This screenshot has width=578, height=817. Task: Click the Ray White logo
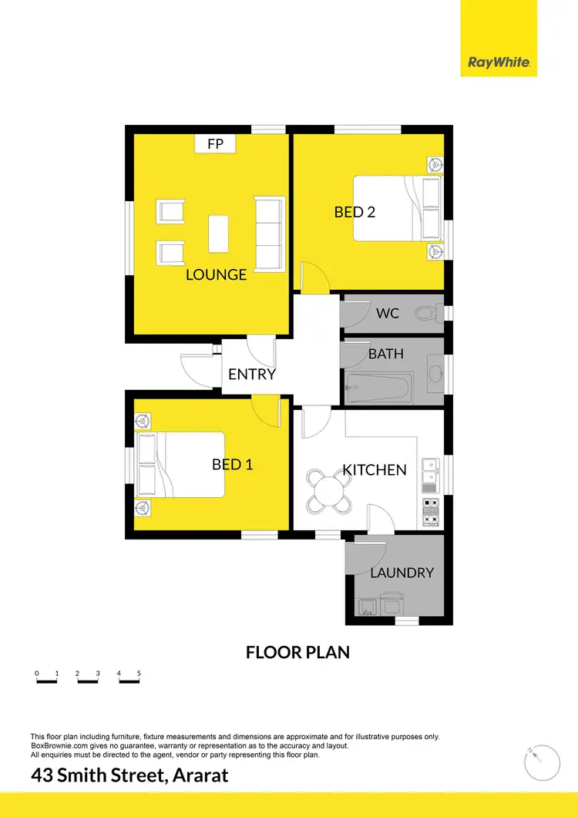[499, 62]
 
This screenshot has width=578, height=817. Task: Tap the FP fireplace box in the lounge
[215, 143]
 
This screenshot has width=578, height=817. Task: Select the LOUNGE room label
[216, 274]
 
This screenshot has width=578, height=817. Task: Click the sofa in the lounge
[267, 233]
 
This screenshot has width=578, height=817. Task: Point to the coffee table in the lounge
[219, 233]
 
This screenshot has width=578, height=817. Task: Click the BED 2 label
[355, 211]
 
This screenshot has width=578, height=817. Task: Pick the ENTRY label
[252, 375]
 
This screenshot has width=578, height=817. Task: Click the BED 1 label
[233, 465]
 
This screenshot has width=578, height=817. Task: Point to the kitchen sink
[429, 475]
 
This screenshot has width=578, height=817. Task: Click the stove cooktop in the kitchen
[430, 513]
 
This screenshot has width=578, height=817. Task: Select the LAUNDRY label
[402, 573]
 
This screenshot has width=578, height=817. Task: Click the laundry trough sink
[367, 605]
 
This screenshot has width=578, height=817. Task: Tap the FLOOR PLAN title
[297, 652]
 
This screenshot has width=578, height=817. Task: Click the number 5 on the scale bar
[139, 674]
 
